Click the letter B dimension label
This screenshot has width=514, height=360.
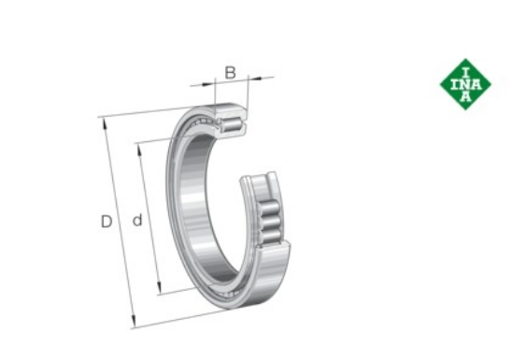click(231, 72)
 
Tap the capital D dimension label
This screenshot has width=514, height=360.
click(107, 222)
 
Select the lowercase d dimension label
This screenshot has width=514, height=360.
click(137, 220)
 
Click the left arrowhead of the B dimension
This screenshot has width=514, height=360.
click(207, 84)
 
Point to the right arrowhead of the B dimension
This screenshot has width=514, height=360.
click(255, 79)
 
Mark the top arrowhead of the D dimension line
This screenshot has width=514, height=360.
click(106, 124)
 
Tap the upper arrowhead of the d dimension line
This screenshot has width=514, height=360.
click(140, 151)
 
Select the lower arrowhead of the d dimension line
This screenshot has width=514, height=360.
click(160, 288)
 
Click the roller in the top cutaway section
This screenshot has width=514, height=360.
click(232, 124)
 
